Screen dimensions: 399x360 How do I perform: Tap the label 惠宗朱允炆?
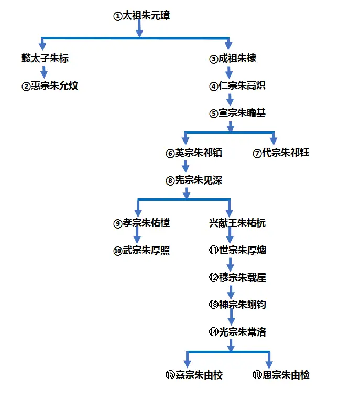pos(54,86)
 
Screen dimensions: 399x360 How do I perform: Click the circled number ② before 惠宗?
pos(26,87)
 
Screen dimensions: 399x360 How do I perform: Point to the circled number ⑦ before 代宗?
pos(257,154)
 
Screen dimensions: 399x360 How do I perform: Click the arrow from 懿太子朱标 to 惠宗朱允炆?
pos(45,72)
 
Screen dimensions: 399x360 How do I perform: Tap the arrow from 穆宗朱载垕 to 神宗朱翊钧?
pos(230,292)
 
